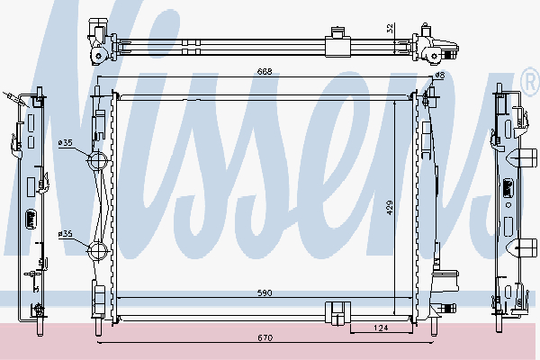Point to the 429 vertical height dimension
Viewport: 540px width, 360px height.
pos(391,206)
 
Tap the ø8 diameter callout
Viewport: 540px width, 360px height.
pos(440,76)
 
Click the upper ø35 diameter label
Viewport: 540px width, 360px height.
pos(66,142)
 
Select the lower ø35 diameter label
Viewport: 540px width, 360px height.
pos(66,234)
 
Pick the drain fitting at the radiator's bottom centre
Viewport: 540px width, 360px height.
pos(335,312)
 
